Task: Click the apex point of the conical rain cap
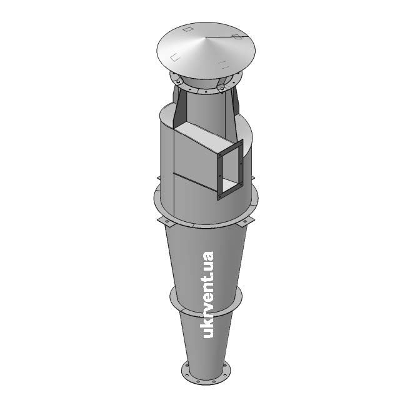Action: pyautogui.click(x=206, y=37)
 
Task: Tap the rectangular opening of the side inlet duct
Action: pyautogui.click(x=231, y=169)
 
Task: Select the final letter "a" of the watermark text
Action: pyautogui.click(x=208, y=256)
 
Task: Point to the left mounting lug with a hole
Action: pyautogui.click(x=166, y=222)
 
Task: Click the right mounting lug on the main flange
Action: pyautogui.click(x=246, y=221)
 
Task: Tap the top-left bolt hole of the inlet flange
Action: pyautogui.click(x=219, y=154)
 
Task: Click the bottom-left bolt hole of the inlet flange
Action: pyautogui.click(x=219, y=196)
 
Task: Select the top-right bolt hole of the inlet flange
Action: pyautogui.click(x=241, y=143)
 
